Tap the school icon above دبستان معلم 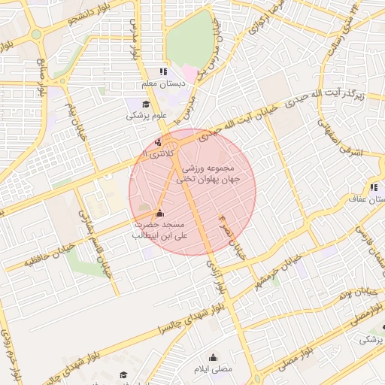point(162,72)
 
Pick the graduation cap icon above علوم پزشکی point(145,105)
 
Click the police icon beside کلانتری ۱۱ point(158,141)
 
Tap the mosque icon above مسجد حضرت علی point(159,213)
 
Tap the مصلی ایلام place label point(214,369)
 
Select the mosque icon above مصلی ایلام point(214,357)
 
